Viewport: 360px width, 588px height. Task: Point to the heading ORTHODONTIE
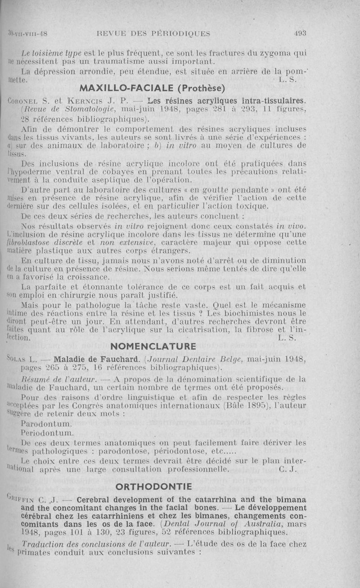click(153, 486)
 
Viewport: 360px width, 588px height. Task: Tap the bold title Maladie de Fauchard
click(88, 359)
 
